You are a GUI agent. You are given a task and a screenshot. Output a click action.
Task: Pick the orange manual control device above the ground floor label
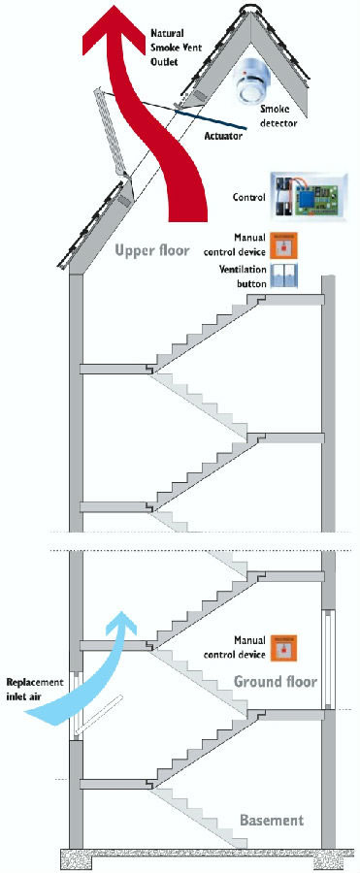coord(283,648)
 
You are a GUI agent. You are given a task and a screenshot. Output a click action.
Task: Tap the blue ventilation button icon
coord(283,275)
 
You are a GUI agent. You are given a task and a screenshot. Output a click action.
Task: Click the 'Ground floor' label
coord(276,681)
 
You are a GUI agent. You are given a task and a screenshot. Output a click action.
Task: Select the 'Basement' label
coord(272,820)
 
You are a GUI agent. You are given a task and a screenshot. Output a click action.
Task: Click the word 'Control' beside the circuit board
coord(248,197)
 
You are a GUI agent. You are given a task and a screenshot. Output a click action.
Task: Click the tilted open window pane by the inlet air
coord(100,716)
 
